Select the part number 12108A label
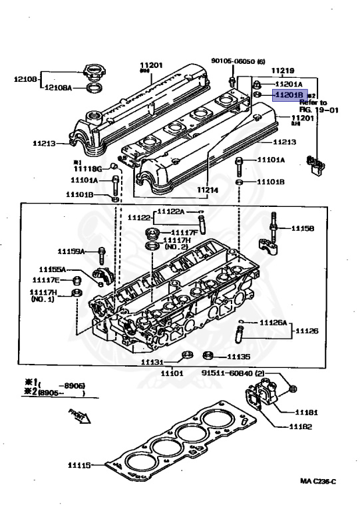point(61,86)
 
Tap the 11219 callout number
point(281,71)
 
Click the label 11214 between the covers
point(207,190)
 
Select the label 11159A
point(71,252)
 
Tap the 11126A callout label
point(273,322)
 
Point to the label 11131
point(152,362)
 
